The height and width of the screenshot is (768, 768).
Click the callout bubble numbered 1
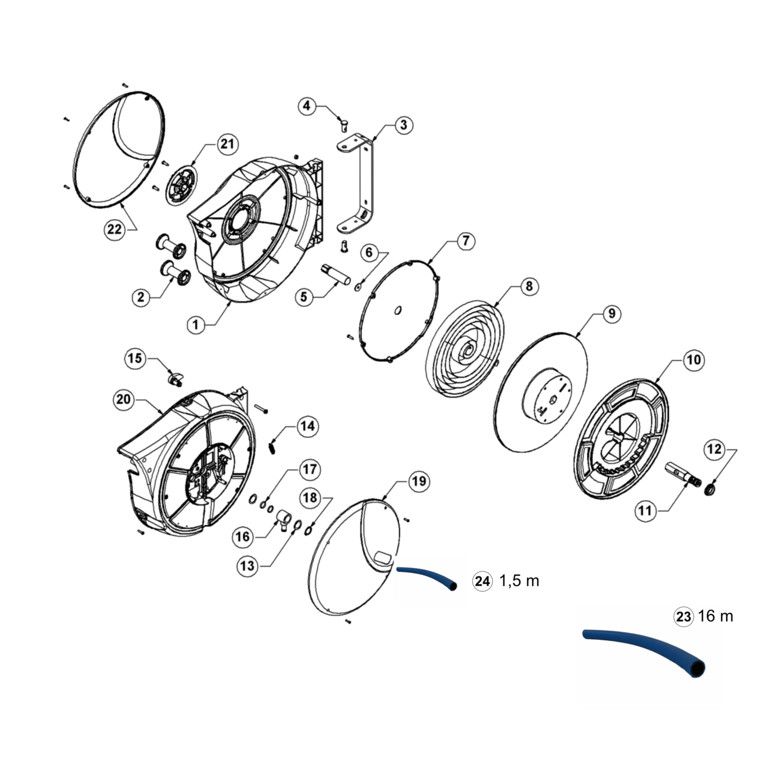[x=196, y=325]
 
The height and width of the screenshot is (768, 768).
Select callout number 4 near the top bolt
[x=307, y=106]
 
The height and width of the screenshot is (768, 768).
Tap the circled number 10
[x=694, y=361]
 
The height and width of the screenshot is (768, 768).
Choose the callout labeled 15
[x=136, y=359]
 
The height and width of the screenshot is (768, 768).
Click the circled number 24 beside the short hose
[x=482, y=581]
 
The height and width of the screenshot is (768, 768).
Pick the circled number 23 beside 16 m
[x=683, y=616]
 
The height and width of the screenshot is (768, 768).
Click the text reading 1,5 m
[x=519, y=581]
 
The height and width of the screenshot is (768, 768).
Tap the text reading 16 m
[x=716, y=616]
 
